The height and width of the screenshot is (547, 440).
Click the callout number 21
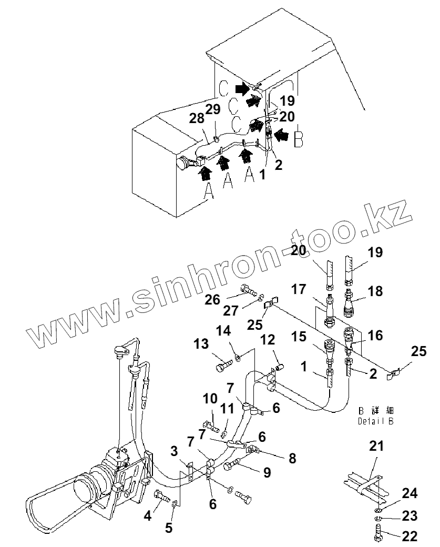[x=376, y=447]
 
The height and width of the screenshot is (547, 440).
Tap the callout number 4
[x=148, y=515]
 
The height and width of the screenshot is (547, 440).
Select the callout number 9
[x=267, y=472]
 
